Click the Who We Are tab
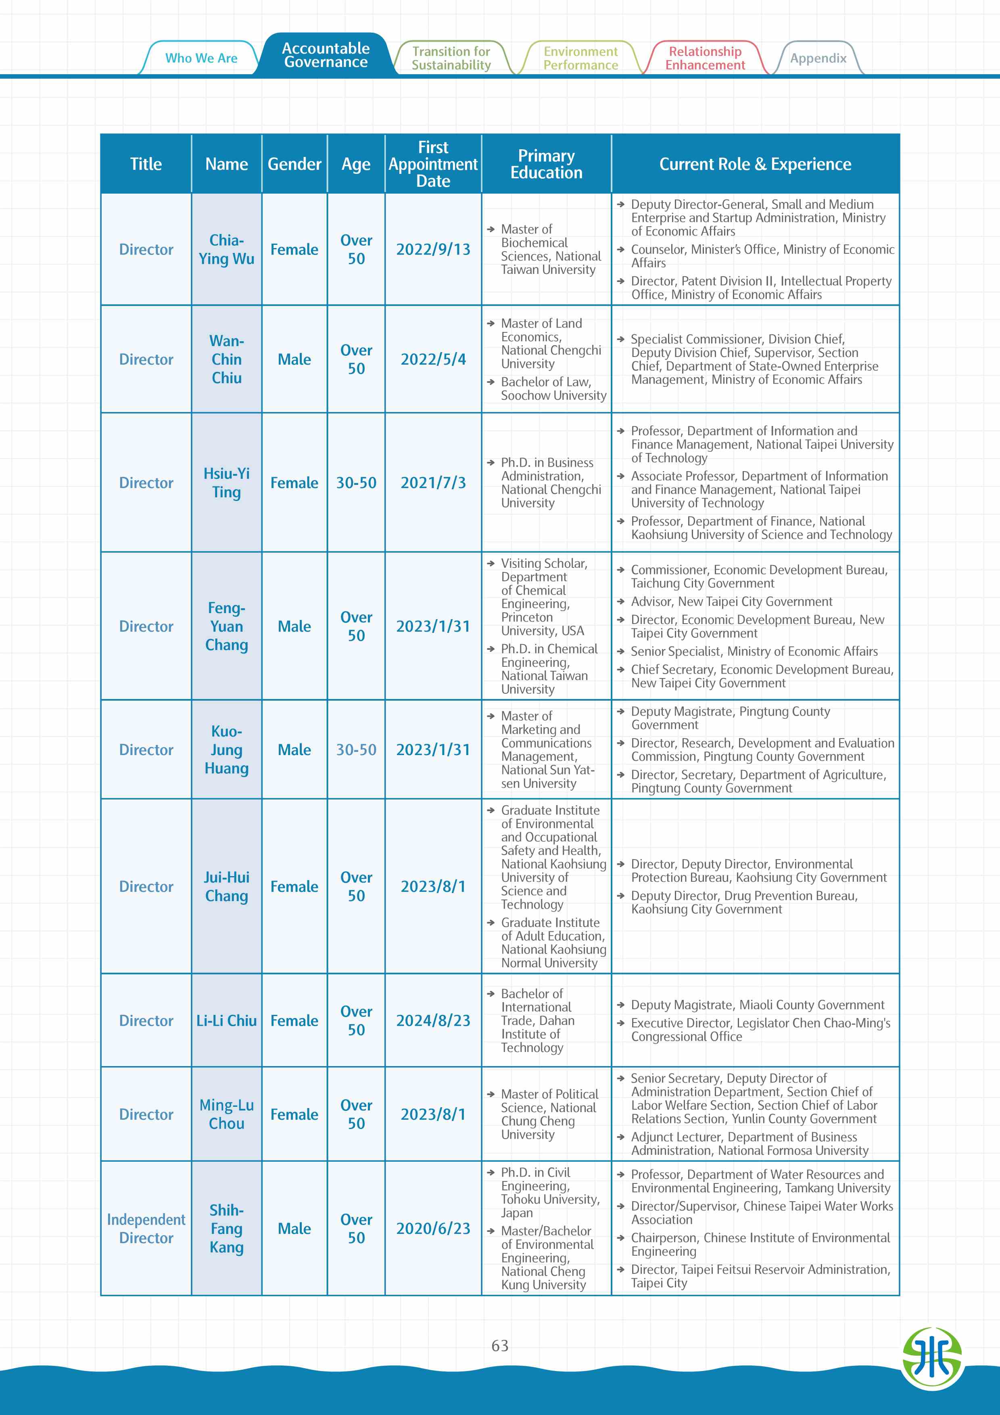[x=201, y=58]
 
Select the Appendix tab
[x=818, y=58]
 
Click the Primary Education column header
[x=546, y=164]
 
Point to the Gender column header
[x=294, y=164]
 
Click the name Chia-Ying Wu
[x=226, y=250]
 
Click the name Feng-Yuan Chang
[x=226, y=626]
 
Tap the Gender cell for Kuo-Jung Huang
[x=294, y=749]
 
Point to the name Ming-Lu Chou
[x=226, y=1114]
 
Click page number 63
[x=500, y=1345]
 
